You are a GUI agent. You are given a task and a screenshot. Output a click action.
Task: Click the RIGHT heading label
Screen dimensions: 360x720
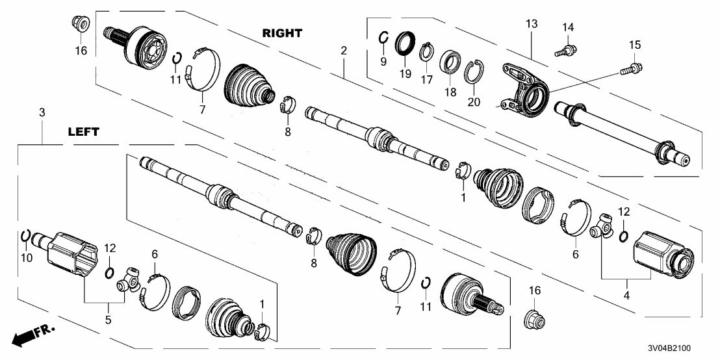[283, 32]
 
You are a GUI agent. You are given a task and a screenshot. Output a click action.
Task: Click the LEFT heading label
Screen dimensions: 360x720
[83, 132]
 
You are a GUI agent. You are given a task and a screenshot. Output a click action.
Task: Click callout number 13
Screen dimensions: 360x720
[532, 24]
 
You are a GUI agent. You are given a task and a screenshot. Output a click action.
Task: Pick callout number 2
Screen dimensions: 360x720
[344, 51]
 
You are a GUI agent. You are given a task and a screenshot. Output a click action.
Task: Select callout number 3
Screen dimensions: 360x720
[42, 113]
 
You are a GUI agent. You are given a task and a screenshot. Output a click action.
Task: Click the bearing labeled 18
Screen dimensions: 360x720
[449, 63]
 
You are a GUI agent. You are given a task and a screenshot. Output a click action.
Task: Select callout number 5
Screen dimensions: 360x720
[109, 319]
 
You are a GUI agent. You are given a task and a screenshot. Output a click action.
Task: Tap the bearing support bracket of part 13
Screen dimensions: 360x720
[525, 91]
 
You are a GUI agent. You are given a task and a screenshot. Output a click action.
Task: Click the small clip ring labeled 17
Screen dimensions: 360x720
[426, 50]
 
